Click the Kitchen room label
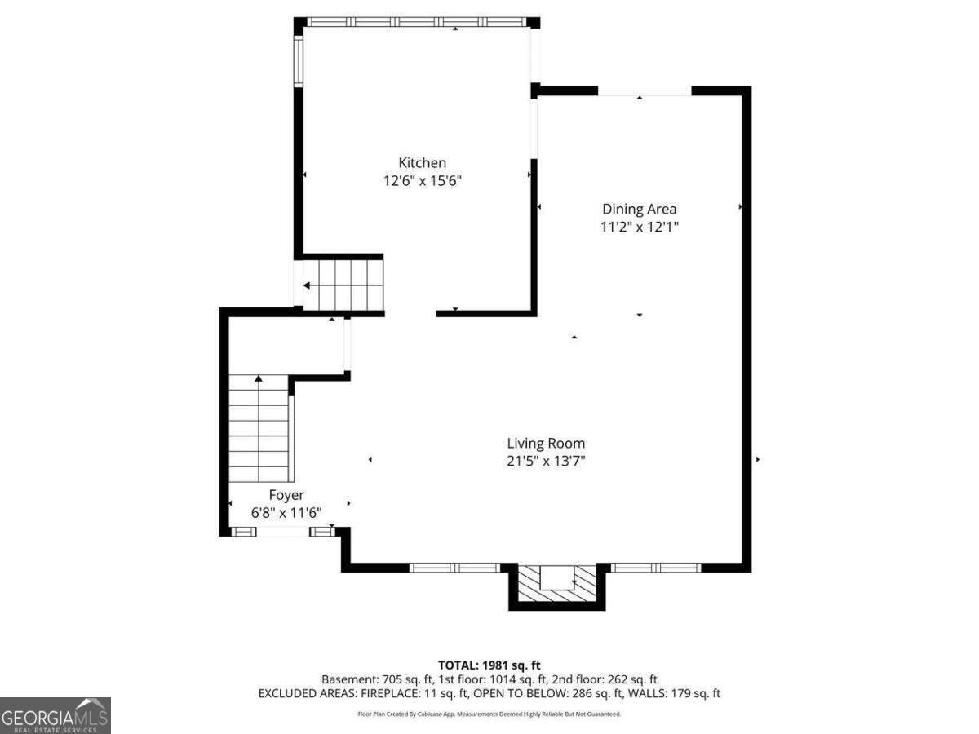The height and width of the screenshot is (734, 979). (422, 162)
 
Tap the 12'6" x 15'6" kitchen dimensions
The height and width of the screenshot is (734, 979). (422, 181)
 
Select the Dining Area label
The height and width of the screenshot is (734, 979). (639, 209)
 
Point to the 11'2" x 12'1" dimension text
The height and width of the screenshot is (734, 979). (639, 228)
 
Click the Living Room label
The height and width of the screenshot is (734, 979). (546, 443)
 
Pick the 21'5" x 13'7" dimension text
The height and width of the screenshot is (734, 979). (546, 461)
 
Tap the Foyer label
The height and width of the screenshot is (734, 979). (286, 495)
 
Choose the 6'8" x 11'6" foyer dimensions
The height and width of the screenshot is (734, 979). (286, 513)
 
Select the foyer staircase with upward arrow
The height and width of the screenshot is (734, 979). (259, 428)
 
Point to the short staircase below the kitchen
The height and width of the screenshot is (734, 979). (343, 285)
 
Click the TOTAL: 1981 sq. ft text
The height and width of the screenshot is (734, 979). (489, 665)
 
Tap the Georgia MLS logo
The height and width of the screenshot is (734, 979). (55, 715)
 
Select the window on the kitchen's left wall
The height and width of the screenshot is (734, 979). (299, 60)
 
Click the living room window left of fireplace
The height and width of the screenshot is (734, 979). (454, 568)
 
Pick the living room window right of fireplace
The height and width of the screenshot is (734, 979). (655, 568)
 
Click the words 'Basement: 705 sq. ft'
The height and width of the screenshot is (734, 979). (377, 679)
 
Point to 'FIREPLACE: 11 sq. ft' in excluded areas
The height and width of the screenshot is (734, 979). (414, 693)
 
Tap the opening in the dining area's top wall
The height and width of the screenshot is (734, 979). (644, 91)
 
